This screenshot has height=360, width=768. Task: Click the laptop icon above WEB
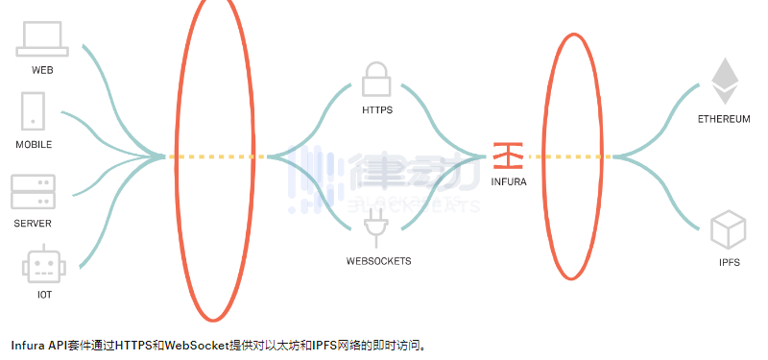coord(41,38)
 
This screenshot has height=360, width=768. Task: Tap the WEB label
coord(42,70)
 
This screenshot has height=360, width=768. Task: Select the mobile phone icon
coord(34,109)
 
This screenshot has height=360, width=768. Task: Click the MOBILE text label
coord(34,145)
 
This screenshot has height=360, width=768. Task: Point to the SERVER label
coord(33,224)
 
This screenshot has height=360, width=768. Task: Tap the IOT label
coord(44,295)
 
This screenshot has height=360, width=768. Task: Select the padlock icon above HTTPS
coord(376,79)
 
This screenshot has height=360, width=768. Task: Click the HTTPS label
coord(377,110)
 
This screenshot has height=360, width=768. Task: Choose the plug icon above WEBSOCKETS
coord(377,228)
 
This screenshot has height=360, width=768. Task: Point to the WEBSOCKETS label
coord(378,261)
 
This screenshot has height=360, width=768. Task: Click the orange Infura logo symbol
coord(508,154)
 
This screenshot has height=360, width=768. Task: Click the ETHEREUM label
coord(724,119)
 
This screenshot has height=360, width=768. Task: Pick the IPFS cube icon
coord(728,231)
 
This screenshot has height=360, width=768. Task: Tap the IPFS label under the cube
coord(728,263)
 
